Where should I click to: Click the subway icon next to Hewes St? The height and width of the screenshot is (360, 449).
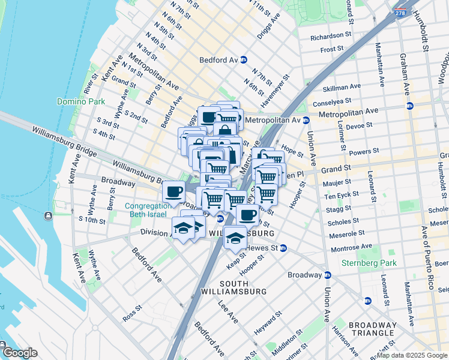[x=283, y=248]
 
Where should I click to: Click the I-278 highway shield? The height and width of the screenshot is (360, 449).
[x=399, y=13]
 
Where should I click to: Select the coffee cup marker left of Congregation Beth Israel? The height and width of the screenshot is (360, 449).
[x=173, y=192]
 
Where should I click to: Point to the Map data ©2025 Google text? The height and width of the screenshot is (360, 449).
[x=412, y=355]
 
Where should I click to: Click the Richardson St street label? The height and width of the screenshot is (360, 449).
[x=331, y=37]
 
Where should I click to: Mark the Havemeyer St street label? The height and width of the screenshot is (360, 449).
[x=279, y=87]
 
